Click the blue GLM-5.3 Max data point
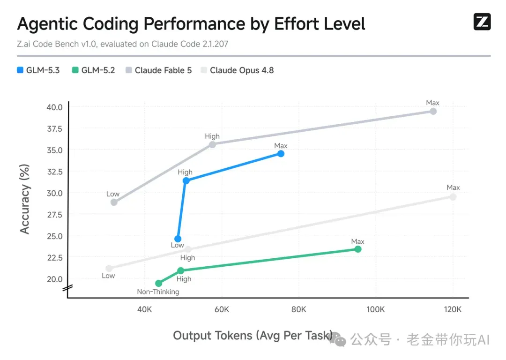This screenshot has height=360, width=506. [281, 154]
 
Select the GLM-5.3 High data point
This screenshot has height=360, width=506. [186, 180]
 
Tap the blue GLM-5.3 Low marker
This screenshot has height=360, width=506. [178, 239]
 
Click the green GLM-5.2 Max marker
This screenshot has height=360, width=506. [357, 249]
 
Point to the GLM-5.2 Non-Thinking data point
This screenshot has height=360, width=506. [158, 283]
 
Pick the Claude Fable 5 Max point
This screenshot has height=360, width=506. [433, 112]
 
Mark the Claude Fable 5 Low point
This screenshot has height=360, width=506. [114, 202]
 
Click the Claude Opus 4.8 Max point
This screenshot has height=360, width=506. [453, 196]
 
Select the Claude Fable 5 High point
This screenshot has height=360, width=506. [212, 145]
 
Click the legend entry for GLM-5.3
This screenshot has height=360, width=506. [38, 70]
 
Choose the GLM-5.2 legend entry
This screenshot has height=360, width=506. [94, 70]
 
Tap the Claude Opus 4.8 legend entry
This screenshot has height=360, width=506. [237, 70]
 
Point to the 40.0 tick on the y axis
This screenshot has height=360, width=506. [54, 107]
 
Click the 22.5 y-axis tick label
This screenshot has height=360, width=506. [54, 258]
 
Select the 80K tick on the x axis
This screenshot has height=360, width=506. [298, 309]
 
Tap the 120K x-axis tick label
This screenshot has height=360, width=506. [453, 309]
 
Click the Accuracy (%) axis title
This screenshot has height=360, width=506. [24, 199]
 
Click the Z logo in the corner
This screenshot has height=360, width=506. [482, 22]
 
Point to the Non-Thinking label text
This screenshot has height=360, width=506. [158, 292]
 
